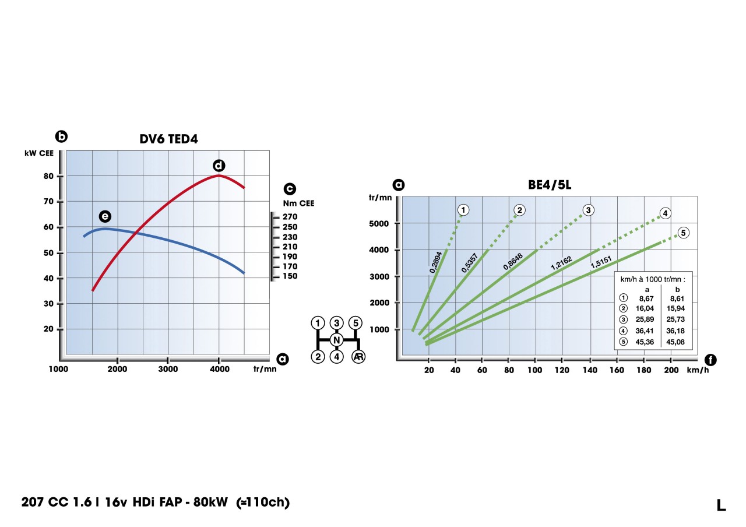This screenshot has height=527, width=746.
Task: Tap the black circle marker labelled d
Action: click(219, 165)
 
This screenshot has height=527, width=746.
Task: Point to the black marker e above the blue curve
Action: click(105, 216)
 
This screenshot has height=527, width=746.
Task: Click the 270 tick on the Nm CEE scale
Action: click(290, 217)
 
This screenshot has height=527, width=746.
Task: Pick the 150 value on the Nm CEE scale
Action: click(290, 276)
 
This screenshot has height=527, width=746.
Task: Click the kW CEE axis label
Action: click(39, 153)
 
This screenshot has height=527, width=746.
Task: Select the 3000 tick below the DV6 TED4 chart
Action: click(168, 369)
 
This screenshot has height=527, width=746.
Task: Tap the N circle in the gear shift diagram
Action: click(336, 340)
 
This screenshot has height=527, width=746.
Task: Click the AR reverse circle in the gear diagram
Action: click(358, 357)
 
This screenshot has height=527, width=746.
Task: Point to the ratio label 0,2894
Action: click(435, 262)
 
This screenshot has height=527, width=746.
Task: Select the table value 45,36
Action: click(648, 342)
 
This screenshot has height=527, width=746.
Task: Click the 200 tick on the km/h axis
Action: click(671, 370)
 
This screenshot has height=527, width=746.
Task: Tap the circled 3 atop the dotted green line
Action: click(588, 210)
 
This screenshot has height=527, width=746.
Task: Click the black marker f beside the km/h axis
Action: click(710, 360)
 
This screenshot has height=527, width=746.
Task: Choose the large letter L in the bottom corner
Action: click(722, 505)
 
